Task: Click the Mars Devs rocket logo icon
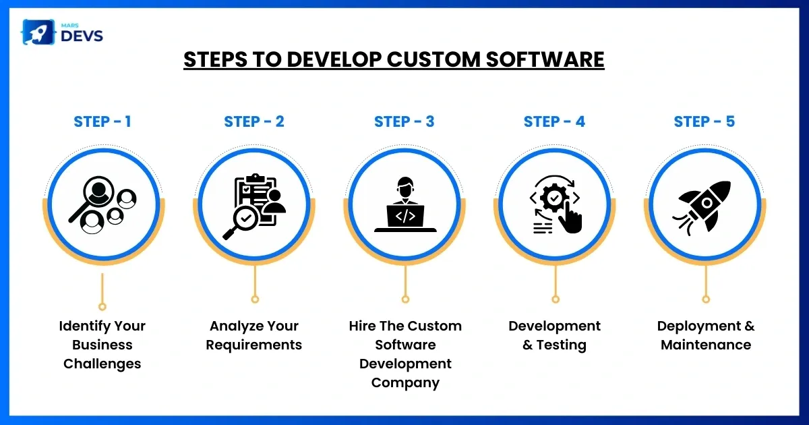click(x=38, y=32)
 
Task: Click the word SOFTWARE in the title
click(x=545, y=59)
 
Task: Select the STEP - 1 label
click(x=102, y=121)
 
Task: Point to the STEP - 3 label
click(x=404, y=121)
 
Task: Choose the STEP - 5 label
click(x=705, y=121)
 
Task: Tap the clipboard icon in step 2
click(x=255, y=200)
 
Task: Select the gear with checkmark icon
click(x=554, y=198)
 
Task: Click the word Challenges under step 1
click(x=102, y=364)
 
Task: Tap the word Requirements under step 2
click(x=254, y=345)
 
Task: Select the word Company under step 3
click(x=405, y=382)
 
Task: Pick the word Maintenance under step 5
click(x=706, y=345)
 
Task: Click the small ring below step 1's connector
click(x=102, y=307)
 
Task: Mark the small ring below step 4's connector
click(x=556, y=300)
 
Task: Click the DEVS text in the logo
click(x=82, y=36)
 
